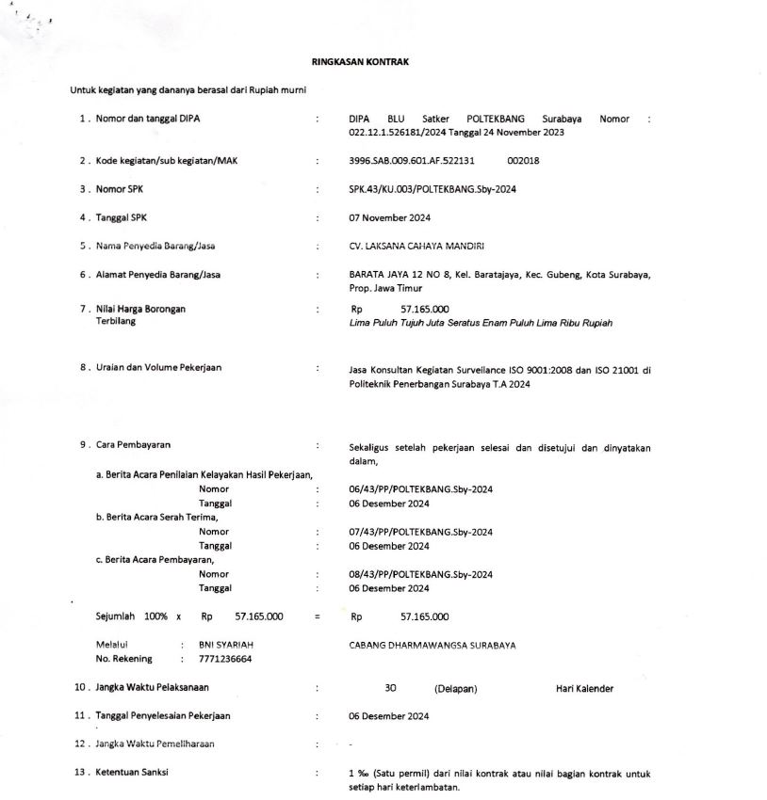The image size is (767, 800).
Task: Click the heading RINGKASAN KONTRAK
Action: [360, 62]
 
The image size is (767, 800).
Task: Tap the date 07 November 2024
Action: [389, 218]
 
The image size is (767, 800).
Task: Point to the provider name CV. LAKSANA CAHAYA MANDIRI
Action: [416, 247]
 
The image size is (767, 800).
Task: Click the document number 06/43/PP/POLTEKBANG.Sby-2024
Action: [420, 489]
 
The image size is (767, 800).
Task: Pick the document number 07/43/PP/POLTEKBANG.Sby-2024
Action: [420, 532]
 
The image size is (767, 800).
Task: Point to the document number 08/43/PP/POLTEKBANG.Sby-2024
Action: [420, 574]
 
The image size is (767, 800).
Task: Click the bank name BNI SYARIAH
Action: [226, 645]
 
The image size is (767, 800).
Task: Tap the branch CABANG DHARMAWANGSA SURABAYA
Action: [432, 645]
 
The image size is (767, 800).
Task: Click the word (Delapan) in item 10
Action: [455, 689]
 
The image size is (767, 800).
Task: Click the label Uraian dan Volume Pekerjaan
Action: [158, 368]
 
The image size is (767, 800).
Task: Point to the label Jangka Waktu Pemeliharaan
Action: [155, 744]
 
